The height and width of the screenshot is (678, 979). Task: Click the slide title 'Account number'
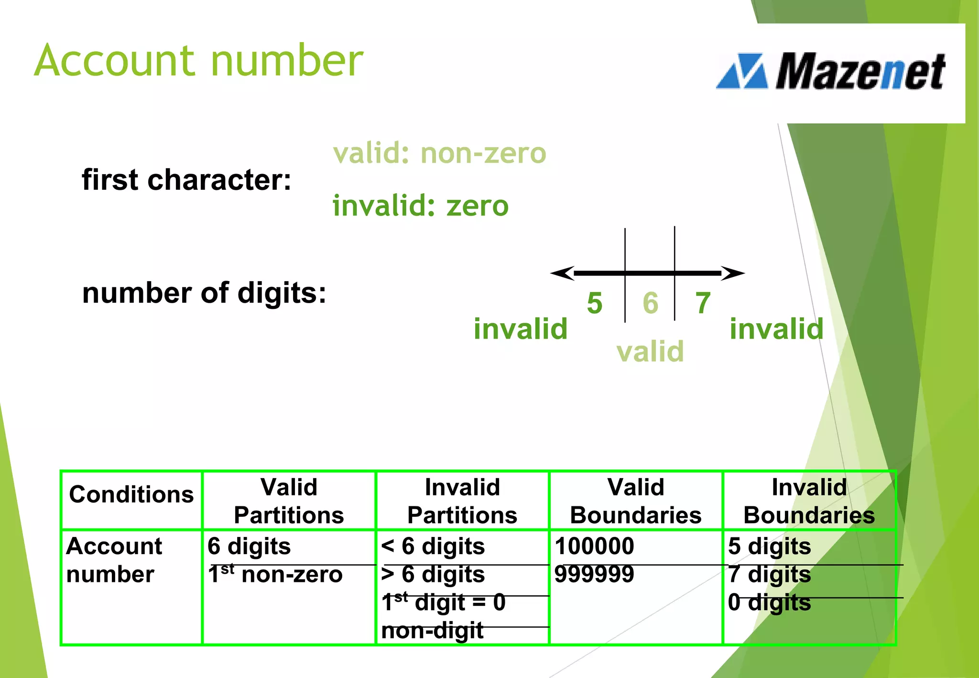(199, 61)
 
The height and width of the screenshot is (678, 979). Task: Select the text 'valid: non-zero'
(439, 154)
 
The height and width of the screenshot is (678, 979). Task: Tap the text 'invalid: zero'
(420, 206)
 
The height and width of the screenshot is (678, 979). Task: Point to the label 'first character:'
(186, 180)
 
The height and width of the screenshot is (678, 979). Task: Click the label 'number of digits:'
(204, 293)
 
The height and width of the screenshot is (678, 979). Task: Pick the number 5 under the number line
(595, 303)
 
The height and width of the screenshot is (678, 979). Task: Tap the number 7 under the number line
(703, 303)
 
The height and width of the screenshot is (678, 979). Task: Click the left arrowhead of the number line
(561, 273)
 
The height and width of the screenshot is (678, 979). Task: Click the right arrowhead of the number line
(734, 273)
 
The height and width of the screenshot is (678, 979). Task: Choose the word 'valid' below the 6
(650, 351)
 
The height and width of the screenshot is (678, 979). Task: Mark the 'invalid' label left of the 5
(520, 329)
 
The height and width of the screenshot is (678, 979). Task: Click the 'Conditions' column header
(131, 494)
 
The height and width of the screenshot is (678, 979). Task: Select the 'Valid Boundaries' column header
(636, 501)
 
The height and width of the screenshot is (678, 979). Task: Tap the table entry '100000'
(594, 546)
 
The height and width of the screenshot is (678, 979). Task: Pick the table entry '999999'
(594, 574)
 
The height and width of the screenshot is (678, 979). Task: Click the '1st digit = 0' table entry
(444, 602)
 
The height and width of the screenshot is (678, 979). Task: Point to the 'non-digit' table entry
(432, 631)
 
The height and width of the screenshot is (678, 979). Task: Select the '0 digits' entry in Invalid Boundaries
(769, 602)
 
